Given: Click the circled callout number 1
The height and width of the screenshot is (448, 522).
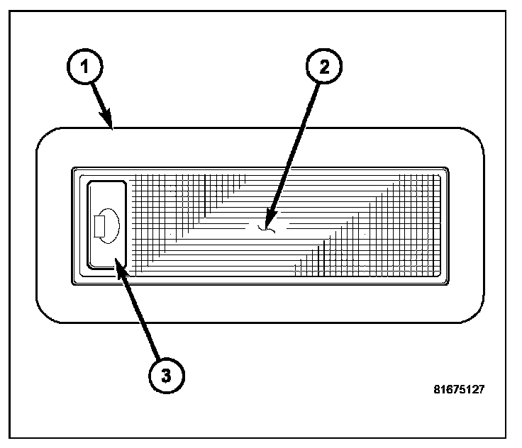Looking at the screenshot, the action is coord(84,69).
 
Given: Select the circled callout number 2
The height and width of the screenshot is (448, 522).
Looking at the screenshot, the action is coord(323,68).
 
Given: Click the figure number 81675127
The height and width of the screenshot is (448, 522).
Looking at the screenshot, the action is coord(460,389).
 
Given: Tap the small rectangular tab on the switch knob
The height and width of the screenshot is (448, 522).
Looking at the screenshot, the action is coord(99,226).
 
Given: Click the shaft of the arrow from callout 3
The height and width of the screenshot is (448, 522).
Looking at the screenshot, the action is coord(140,315).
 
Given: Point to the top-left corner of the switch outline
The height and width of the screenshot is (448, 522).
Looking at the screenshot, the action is coord(89,182).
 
